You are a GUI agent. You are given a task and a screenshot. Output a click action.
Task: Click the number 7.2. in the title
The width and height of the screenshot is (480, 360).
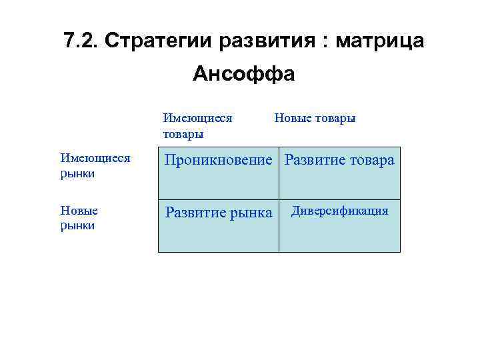(x=81, y=41)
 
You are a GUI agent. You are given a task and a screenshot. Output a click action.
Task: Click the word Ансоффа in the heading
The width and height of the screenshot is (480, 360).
(x=243, y=74)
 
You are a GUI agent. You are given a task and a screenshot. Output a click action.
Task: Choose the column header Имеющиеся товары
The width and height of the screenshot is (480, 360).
(x=197, y=126)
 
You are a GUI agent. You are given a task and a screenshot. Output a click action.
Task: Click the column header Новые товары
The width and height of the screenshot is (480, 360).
(x=315, y=119)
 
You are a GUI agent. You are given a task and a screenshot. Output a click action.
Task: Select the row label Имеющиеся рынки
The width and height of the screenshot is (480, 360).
(x=95, y=165)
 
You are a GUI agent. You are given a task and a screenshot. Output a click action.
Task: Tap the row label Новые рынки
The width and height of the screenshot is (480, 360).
(x=79, y=218)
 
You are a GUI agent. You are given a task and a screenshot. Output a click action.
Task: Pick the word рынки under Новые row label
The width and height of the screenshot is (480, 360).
(x=77, y=225)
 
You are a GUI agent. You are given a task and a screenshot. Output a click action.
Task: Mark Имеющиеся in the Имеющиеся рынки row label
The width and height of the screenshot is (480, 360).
(x=95, y=158)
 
